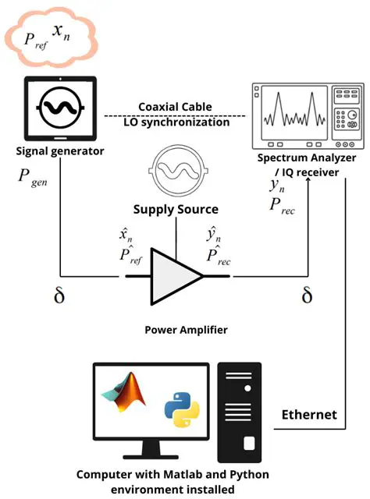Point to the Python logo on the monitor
180,411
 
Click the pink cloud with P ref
50,37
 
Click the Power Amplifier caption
187,330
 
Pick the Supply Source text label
175,209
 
